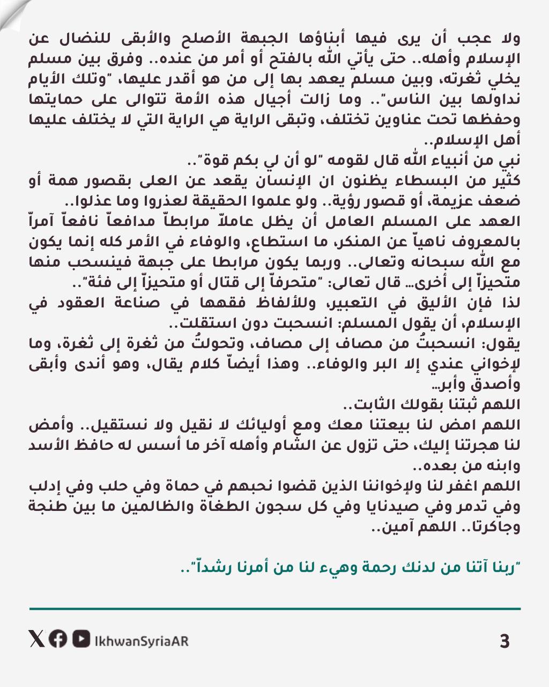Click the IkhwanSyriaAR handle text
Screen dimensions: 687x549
[141, 641]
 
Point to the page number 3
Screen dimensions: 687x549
[504, 641]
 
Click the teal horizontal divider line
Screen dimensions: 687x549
[274, 609]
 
